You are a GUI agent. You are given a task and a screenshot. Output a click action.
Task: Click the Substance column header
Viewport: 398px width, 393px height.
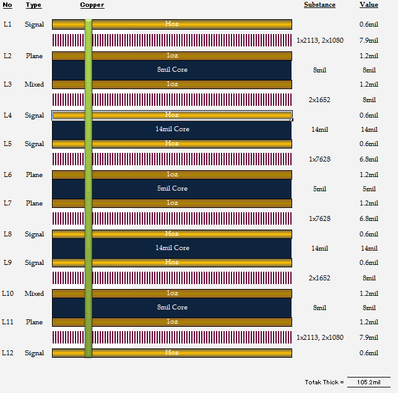pos(319,5)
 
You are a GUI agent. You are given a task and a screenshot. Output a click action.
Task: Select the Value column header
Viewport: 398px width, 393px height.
pos(369,5)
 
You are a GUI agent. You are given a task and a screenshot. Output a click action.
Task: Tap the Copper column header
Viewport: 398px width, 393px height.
pos(92,5)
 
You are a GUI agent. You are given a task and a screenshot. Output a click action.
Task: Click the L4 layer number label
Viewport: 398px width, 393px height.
pos(7,115)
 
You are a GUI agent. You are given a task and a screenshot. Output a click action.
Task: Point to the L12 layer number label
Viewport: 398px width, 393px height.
pos(7,353)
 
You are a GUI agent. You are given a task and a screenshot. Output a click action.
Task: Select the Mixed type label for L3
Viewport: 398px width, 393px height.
pos(34,84)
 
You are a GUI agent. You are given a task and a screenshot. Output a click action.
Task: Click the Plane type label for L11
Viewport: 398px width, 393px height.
pos(34,322)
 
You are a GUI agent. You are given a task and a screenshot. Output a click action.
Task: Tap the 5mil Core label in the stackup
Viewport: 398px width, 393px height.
pos(172,188)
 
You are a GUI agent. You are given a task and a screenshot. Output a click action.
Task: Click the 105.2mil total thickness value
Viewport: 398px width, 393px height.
pos(369,382)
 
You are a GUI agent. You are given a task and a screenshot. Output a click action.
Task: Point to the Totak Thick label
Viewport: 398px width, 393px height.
pos(324,382)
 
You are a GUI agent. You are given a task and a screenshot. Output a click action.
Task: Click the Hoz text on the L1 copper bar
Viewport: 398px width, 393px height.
pos(172,24)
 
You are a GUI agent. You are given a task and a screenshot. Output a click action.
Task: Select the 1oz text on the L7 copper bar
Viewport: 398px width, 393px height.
pos(172,202)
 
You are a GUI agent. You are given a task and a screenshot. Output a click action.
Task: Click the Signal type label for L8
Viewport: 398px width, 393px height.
pos(34,234)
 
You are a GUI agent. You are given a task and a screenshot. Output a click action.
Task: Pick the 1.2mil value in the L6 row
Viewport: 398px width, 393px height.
pos(369,175)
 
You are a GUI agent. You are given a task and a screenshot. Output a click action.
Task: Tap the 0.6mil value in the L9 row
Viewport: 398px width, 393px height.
pos(369,262)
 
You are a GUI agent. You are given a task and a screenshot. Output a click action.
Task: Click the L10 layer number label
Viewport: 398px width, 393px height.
pos(7,293)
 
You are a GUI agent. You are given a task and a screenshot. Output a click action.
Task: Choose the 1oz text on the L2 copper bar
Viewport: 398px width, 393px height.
pos(172,55)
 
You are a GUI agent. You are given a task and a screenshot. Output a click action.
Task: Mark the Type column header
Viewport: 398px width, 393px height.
pos(34,6)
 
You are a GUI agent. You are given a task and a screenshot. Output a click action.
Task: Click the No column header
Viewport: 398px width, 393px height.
pos(7,5)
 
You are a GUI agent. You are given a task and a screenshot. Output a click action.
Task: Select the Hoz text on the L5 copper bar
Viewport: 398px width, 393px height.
pos(172,143)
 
